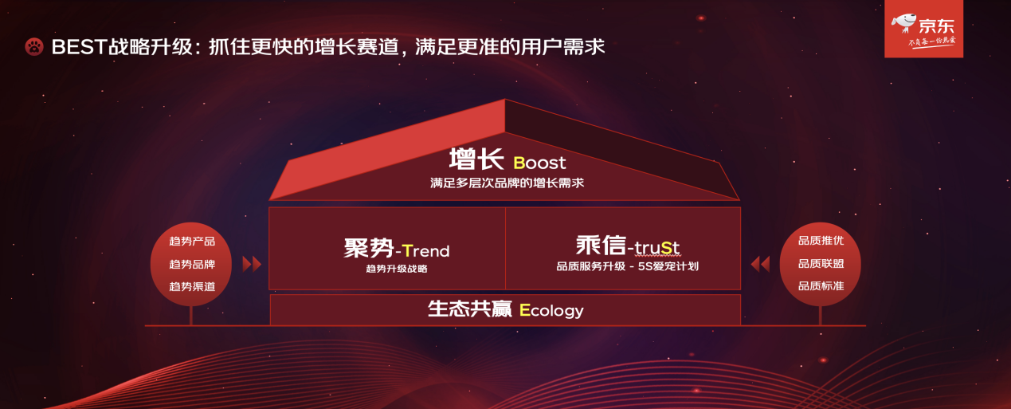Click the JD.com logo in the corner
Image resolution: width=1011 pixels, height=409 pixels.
(923, 29)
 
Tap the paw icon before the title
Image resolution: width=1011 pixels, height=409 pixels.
(34, 47)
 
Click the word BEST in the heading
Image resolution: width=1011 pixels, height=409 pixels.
(80, 47)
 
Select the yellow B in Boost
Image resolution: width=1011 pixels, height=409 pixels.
(519, 163)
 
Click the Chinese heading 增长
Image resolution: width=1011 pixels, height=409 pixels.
(476, 159)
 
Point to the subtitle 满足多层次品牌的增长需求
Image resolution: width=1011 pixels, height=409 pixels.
(507, 183)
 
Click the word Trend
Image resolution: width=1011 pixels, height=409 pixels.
(425, 250)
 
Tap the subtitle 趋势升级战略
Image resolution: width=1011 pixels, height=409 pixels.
(397, 269)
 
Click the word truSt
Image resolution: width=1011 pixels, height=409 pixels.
(656, 247)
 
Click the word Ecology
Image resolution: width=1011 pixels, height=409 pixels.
(551, 311)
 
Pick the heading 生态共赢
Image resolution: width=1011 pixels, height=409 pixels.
(470, 309)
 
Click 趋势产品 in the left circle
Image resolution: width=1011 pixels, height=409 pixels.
(192, 241)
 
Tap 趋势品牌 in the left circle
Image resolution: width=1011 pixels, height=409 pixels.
(192, 264)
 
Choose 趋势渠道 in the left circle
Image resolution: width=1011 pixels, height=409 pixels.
(192, 287)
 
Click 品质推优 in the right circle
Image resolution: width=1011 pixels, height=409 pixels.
(821, 240)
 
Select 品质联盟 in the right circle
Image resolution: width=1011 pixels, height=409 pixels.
(821, 263)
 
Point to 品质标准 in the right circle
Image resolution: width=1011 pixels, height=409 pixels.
(821, 285)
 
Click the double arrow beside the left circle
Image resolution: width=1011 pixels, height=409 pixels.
(252, 264)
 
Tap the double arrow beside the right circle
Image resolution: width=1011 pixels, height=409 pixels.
(761, 264)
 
